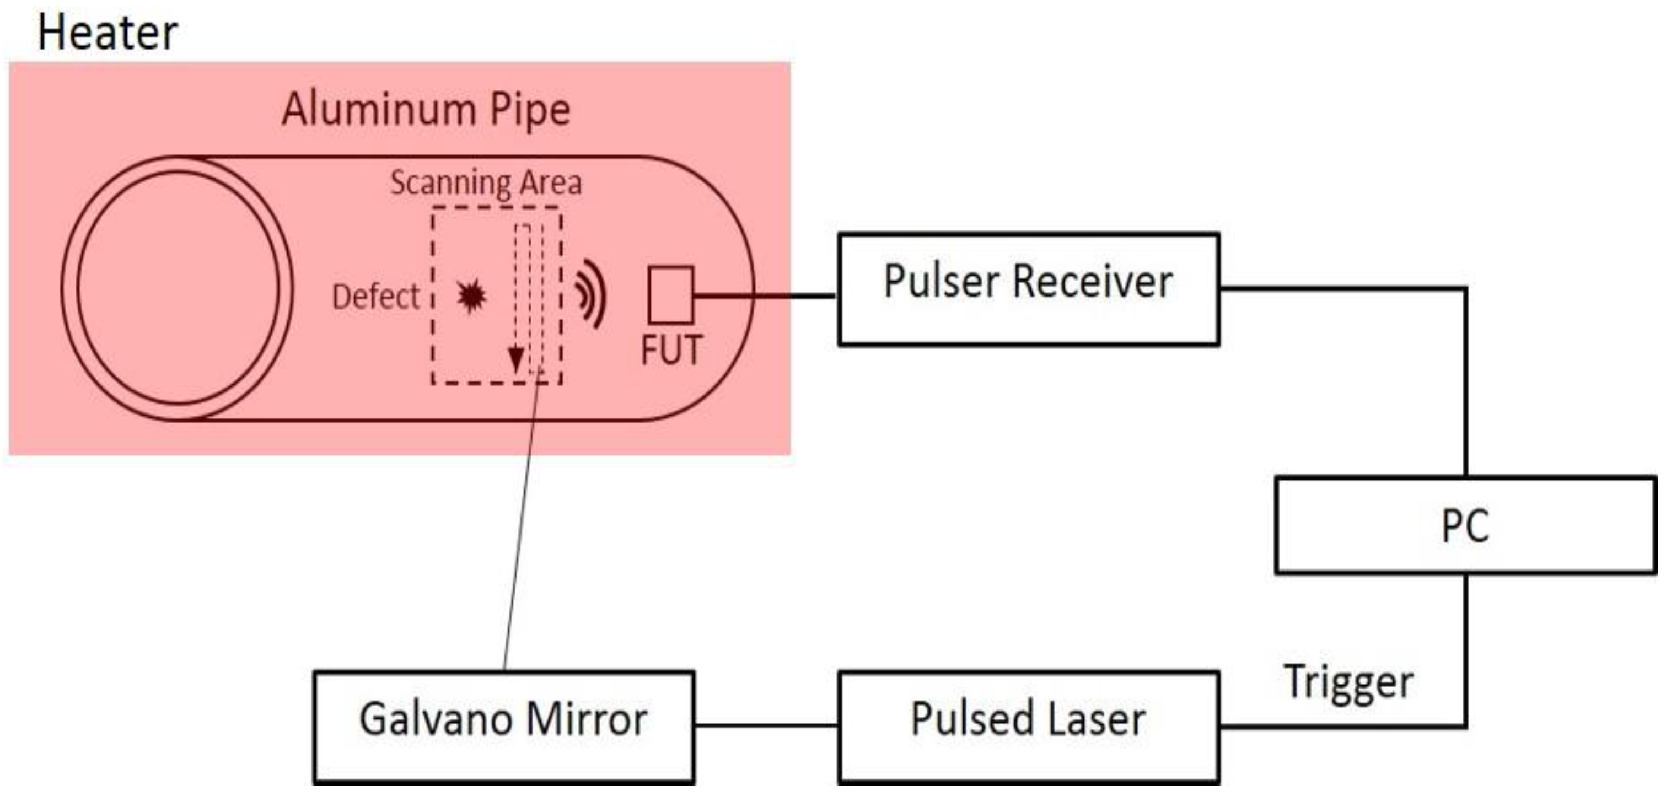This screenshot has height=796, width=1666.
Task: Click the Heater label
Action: [108, 34]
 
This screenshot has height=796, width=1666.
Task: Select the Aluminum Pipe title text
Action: [426, 109]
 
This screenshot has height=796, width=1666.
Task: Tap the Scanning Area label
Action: [486, 182]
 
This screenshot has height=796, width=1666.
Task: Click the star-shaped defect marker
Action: [471, 297]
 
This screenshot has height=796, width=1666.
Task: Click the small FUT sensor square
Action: [671, 295]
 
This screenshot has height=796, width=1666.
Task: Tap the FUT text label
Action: [671, 351]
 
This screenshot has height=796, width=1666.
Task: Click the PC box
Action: [1465, 525]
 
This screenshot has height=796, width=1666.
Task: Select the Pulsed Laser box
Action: [1028, 727]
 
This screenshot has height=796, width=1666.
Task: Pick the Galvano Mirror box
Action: [504, 727]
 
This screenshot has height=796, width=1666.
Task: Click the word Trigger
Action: [1348, 683]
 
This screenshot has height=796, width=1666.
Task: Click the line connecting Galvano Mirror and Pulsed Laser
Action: [766, 725]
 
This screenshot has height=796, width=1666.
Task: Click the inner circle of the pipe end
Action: [178, 288]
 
